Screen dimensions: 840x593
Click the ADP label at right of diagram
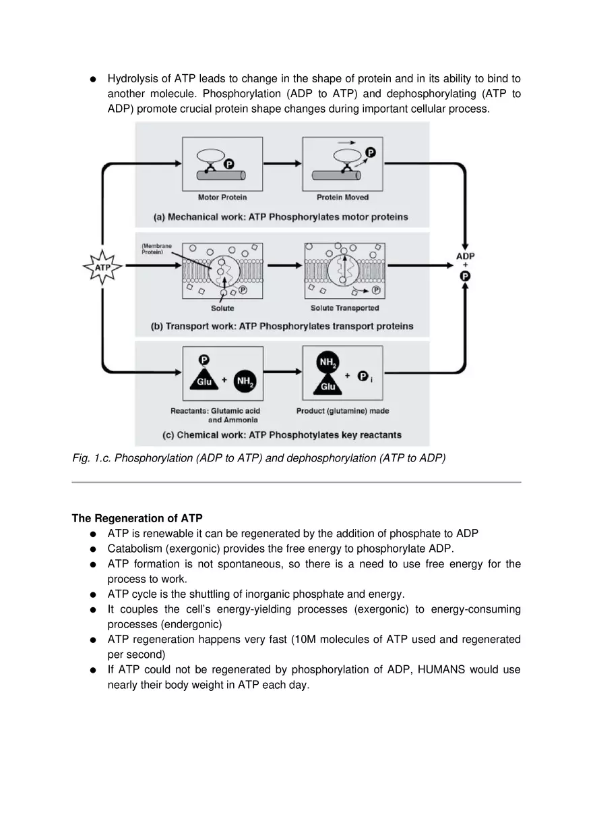[x=465, y=256]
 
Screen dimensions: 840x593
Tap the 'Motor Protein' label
[x=222, y=198]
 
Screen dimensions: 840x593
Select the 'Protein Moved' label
[x=342, y=198]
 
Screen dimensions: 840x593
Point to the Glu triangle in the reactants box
[x=204, y=379]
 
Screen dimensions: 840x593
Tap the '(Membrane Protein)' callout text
[x=156, y=249]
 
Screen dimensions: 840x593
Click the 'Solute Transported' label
[x=344, y=308]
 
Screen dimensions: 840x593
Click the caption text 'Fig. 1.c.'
[x=92, y=458]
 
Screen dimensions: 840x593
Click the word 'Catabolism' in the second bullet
[x=133, y=549]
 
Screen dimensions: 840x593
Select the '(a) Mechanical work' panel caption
[x=280, y=217]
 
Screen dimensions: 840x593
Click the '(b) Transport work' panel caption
[x=282, y=327]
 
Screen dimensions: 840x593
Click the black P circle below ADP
[x=465, y=276]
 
